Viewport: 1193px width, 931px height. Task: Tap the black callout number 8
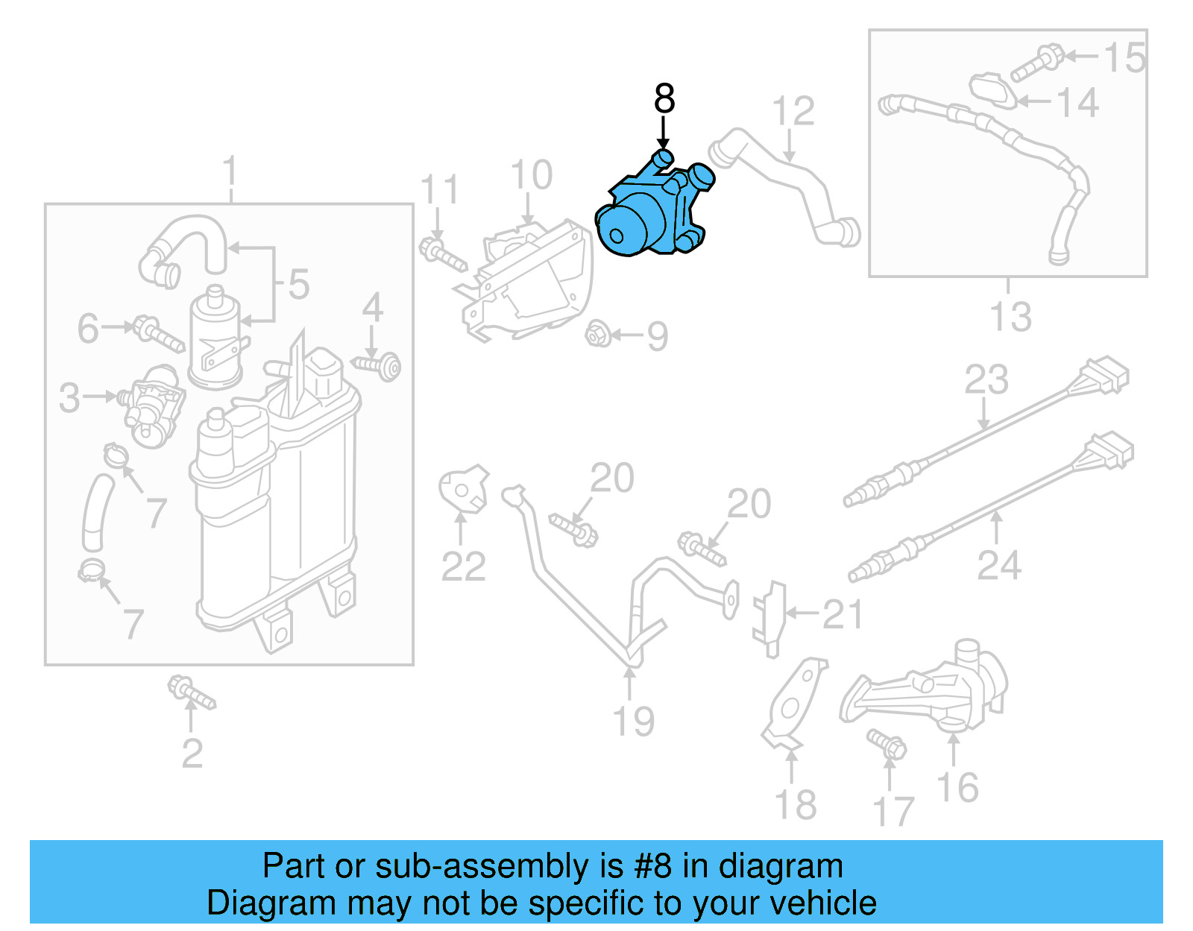click(x=664, y=98)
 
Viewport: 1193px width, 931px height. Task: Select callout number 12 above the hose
click(x=793, y=112)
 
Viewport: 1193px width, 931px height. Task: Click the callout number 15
click(x=1124, y=58)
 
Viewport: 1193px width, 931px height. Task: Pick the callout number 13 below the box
click(x=1010, y=317)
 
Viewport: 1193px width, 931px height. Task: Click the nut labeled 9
click(x=598, y=334)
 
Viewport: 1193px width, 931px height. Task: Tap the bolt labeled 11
click(x=443, y=253)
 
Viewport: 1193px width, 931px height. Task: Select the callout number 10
click(x=531, y=176)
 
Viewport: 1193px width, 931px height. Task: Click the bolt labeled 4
click(x=379, y=365)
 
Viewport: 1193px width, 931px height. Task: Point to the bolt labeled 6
click(x=157, y=334)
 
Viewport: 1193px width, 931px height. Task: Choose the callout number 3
click(x=69, y=397)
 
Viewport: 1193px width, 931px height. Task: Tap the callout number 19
click(x=633, y=721)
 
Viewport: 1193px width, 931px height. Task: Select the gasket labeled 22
click(x=463, y=490)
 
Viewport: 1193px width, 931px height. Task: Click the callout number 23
click(x=986, y=379)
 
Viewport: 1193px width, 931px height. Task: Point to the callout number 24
click(x=998, y=565)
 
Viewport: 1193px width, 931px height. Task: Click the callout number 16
click(x=957, y=787)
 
